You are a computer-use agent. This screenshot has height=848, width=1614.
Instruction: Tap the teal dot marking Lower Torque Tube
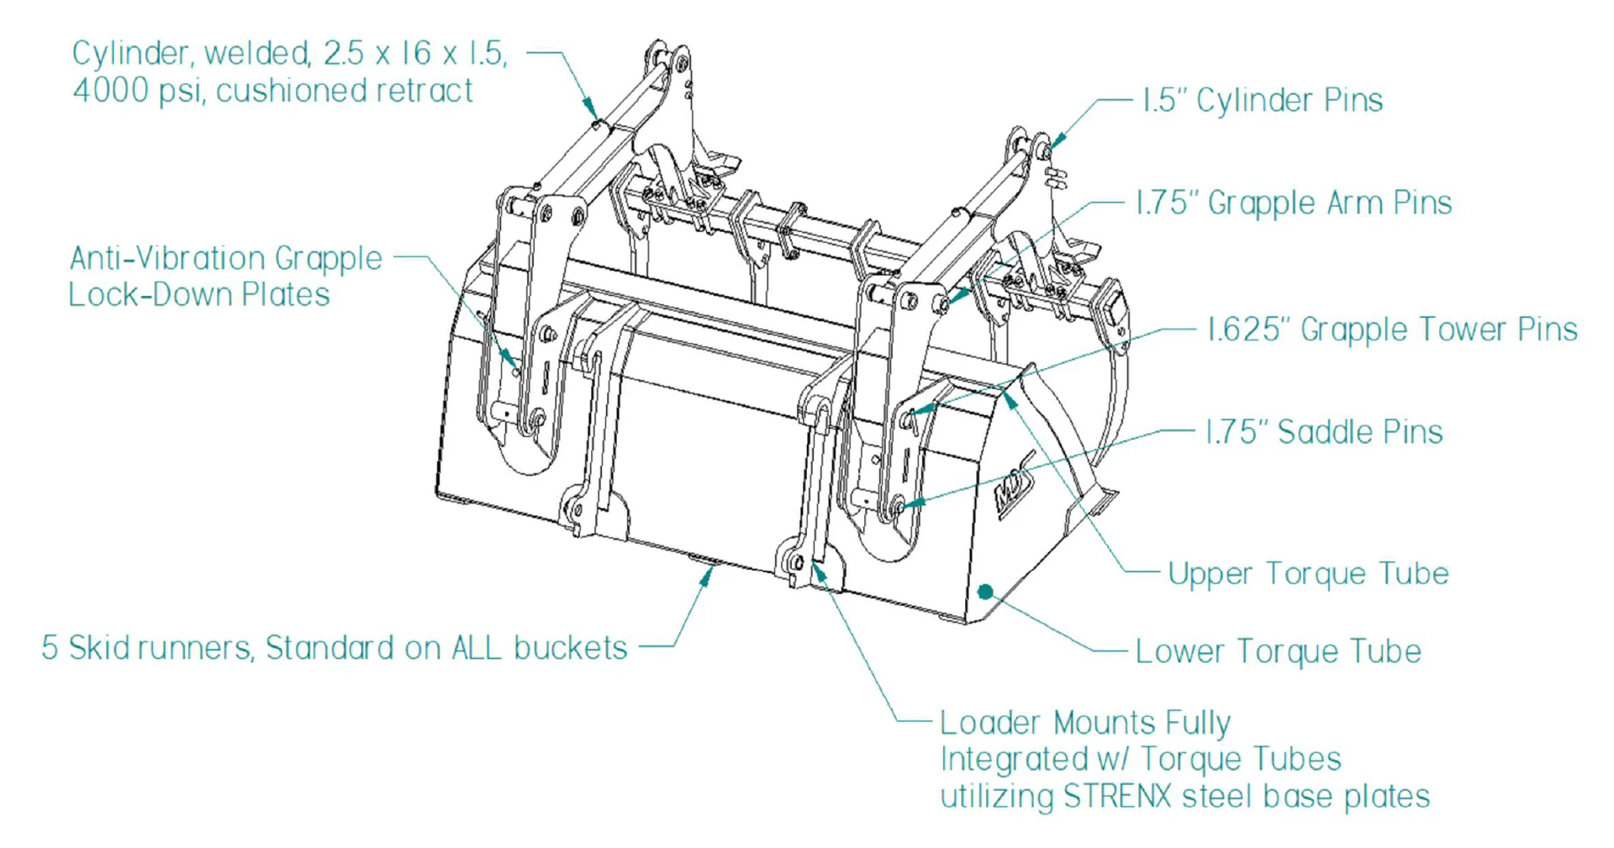pyautogui.click(x=985, y=592)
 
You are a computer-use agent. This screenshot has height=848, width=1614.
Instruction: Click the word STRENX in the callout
pyautogui.click(x=1117, y=796)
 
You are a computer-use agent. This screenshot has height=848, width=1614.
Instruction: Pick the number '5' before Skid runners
pyautogui.click(x=50, y=648)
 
